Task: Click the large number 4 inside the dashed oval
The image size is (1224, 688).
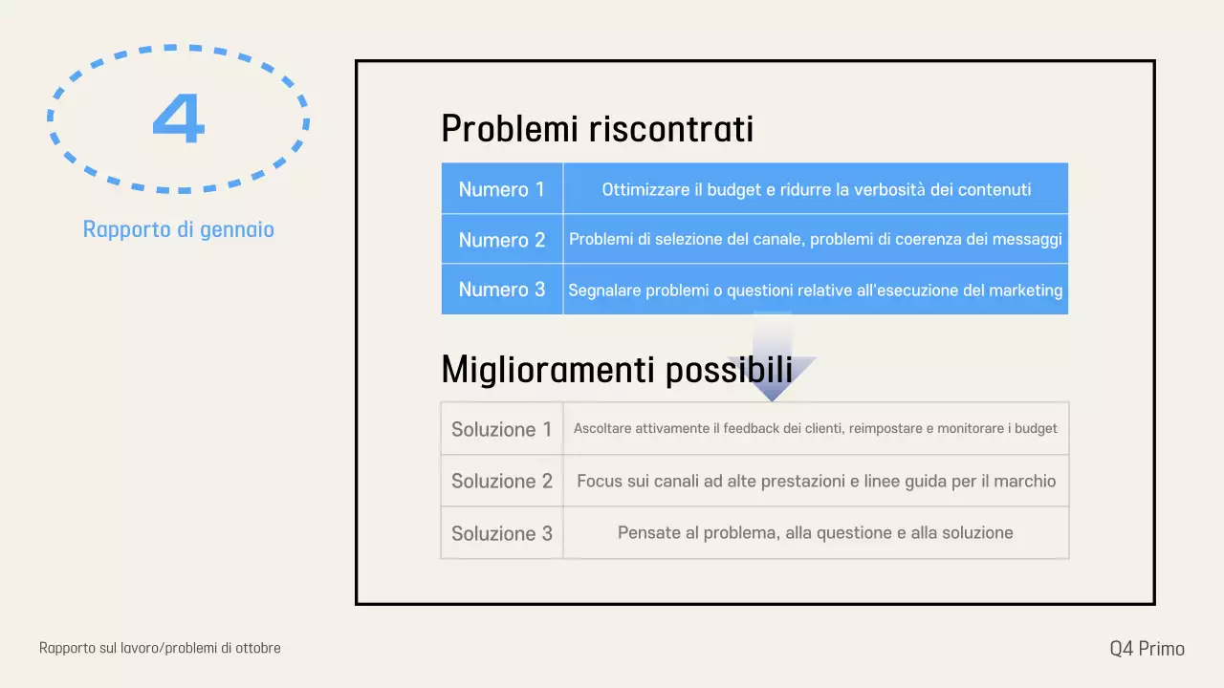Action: [x=179, y=119]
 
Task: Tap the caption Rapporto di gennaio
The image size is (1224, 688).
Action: [x=179, y=229]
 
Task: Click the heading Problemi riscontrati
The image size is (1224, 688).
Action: [x=597, y=129]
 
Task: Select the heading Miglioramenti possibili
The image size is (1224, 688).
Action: [x=616, y=369]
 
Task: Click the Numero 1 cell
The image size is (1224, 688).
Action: [x=501, y=189]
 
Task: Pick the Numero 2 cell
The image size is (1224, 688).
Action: [x=501, y=240]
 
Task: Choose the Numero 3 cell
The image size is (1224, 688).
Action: [x=501, y=290]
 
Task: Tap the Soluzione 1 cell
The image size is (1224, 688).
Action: [x=501, y=429]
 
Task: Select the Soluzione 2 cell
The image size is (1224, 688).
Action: [x=501, y=481]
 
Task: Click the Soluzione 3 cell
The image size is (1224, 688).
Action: [x=501, y=533]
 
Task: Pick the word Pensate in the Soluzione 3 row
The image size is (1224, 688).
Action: [x=650, y=533]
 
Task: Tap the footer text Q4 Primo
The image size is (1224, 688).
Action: [x=1147, y=649]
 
